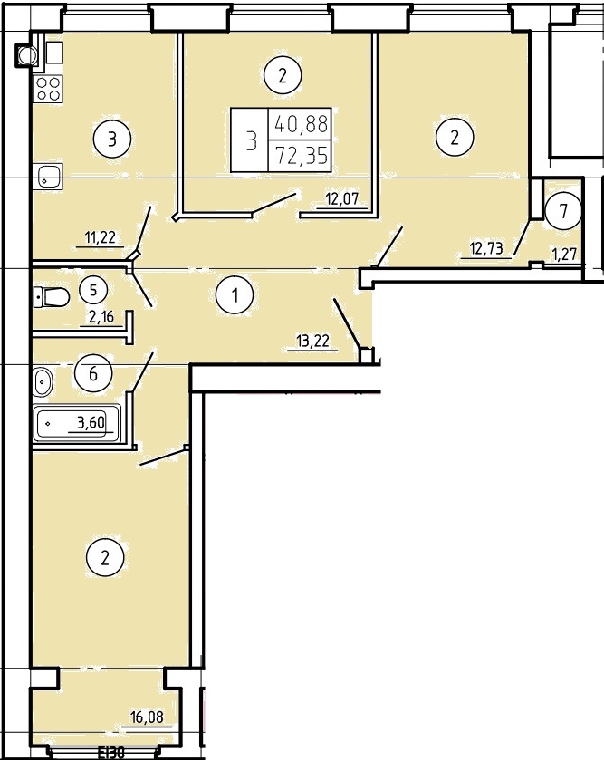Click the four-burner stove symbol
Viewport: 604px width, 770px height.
(x=49, y=89)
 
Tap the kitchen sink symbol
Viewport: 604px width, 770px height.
(x=49, y=177)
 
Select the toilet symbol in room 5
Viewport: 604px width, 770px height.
(x=51, y=296)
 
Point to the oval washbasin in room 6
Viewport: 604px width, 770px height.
(x=43, y=382)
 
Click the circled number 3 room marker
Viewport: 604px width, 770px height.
(x=112, y=139)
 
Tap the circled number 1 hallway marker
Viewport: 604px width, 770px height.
(x=235, y=295)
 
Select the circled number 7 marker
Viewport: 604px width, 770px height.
(x=563, y=211)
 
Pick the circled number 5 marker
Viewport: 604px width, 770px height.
(x=93, y=290)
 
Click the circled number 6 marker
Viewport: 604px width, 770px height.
(x=92, y=374)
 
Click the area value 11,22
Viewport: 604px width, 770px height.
(x=100, y=237)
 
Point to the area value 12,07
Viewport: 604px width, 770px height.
(x=343, y=199)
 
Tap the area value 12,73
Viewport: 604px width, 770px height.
(x=486, y=248)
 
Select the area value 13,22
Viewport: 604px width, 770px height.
(x=312, y=341)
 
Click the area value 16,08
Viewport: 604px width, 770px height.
(x=147, y=717)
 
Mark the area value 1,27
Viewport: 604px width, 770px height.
(x=564, y=254)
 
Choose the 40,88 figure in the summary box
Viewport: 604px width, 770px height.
(x=301, y=124)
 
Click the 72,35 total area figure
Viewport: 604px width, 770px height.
(x=301, y=156)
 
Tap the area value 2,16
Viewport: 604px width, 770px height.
(x=101, y=317)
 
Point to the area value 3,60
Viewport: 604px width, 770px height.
(x=91, y=422)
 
